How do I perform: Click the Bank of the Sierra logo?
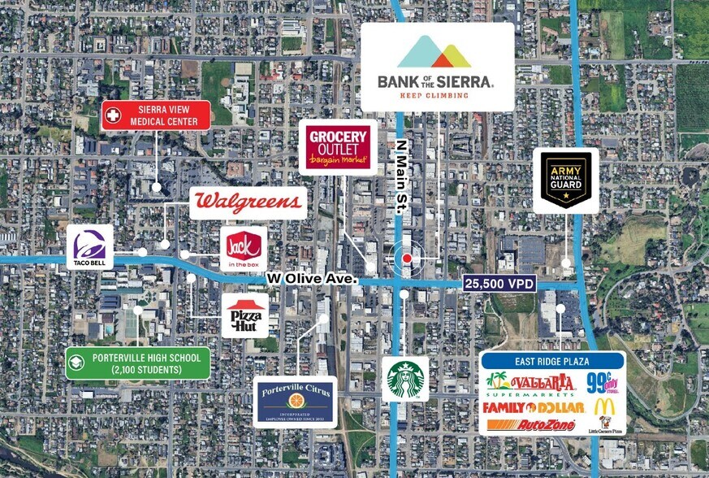[x=436, y=66]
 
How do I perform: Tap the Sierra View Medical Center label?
[x=156, y=115]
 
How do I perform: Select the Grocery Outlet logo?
[x=338, y=148]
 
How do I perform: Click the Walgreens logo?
[x=248, y=202]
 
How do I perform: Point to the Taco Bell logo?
[x=89, y=246]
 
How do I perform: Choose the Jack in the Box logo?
[x=244, y=248]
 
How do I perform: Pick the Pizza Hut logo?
[x=244, y=315]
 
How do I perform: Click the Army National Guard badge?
[x=566, y=180]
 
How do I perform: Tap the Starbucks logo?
[x=405, y=379]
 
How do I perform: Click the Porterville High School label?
[x=138, y=363]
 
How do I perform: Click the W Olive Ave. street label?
[x=313, y=279]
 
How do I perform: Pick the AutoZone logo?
[x=531, y=425]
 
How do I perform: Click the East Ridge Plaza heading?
[x=551, y=361]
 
